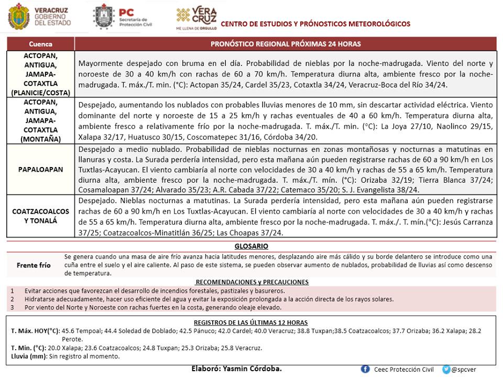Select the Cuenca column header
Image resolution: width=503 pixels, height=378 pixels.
[x=40, y=44]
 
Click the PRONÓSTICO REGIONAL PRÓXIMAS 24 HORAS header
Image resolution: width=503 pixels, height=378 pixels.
[x=286, y=44]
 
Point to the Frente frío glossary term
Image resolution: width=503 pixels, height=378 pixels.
[x=34, y=265]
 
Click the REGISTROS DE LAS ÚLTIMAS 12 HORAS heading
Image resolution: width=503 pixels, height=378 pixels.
[x=251, y=323]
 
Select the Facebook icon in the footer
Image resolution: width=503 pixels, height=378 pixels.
[x=365, y=369]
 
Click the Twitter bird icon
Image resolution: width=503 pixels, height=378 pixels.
[x=446, y=369]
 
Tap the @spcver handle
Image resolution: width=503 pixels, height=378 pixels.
[x=463, y=370]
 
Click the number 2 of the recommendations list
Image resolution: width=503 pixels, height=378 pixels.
[x=12, y=299]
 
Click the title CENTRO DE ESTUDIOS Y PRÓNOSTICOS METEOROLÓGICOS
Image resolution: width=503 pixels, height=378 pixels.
[x=315, y=24]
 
